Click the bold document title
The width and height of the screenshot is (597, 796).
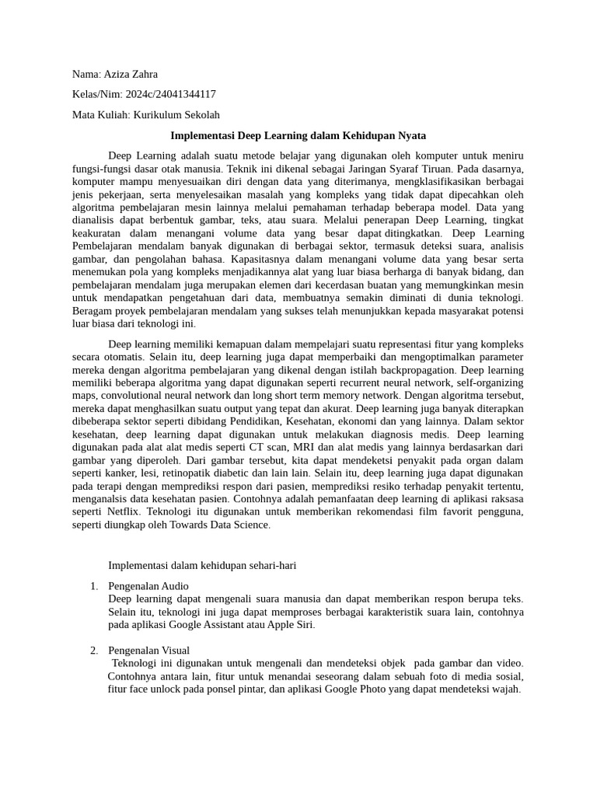[298, 134]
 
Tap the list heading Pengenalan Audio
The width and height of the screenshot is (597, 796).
[148, 585]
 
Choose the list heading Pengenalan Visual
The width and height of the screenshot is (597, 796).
[148, 650]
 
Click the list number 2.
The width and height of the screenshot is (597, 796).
[93, 650]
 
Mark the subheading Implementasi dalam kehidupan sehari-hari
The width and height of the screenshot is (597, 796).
[202, 565]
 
